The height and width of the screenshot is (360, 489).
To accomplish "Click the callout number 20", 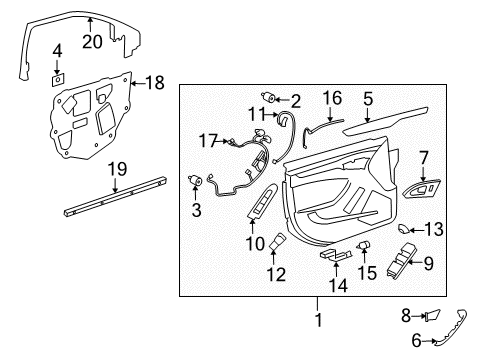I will click(92, 43).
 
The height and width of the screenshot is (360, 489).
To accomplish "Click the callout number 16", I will click(330, 98).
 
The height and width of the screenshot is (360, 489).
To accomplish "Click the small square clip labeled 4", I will click(58, 75).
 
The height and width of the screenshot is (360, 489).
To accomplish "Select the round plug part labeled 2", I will click(270, 97).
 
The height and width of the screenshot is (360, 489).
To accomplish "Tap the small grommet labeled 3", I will click(196, 180).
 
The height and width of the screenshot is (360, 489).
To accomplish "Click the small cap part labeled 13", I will click(409, 229).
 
